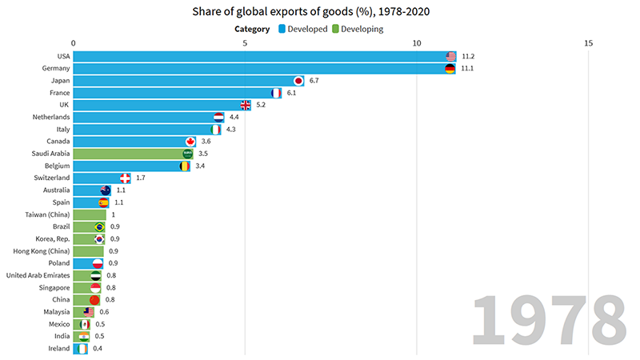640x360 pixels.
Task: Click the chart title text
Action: click(x=319, y=12)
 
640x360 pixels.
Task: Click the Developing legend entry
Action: click(x=357, y=29)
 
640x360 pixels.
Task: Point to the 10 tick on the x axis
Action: click(x=416, y=43)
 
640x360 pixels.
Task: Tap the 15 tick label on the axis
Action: click(x=588, y=43)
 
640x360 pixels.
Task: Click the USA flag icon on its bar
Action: click(x=451, y=56)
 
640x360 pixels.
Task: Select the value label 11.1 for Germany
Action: click(x=469, y=69)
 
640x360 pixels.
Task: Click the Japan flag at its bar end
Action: click(x=298, y=81)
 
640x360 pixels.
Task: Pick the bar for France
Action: click(x=176, y=93)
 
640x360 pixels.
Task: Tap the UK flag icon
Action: click(x=247, y=105)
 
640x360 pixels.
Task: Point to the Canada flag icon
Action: click(x=190, y=142)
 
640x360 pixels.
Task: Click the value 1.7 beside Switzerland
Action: click(x=141, y=178)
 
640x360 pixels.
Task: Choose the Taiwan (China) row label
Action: click(x=47, y=214)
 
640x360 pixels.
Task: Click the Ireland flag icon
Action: click(x=82, y=349)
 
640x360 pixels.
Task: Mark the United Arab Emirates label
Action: click(x=38, y=275)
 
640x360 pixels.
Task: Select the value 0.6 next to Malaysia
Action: click(x=104, y=312)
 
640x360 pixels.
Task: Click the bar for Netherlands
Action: click(x=144, y=117)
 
